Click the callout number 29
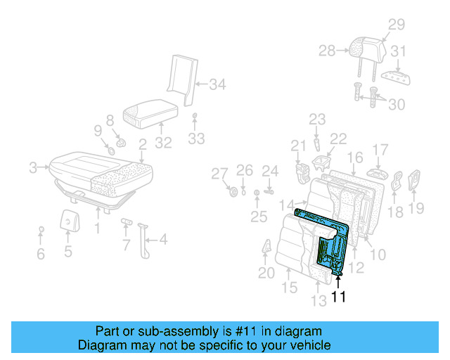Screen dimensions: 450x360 point(397,25)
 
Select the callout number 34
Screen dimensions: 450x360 point(217,85)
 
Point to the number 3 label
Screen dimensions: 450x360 point(33,167)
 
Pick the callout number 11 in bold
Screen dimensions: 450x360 point(339,297)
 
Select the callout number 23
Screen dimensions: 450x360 point(317,120)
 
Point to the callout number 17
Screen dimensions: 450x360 point(380,150)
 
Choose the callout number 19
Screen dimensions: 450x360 point(416,207)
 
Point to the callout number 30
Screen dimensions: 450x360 point(397,104)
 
